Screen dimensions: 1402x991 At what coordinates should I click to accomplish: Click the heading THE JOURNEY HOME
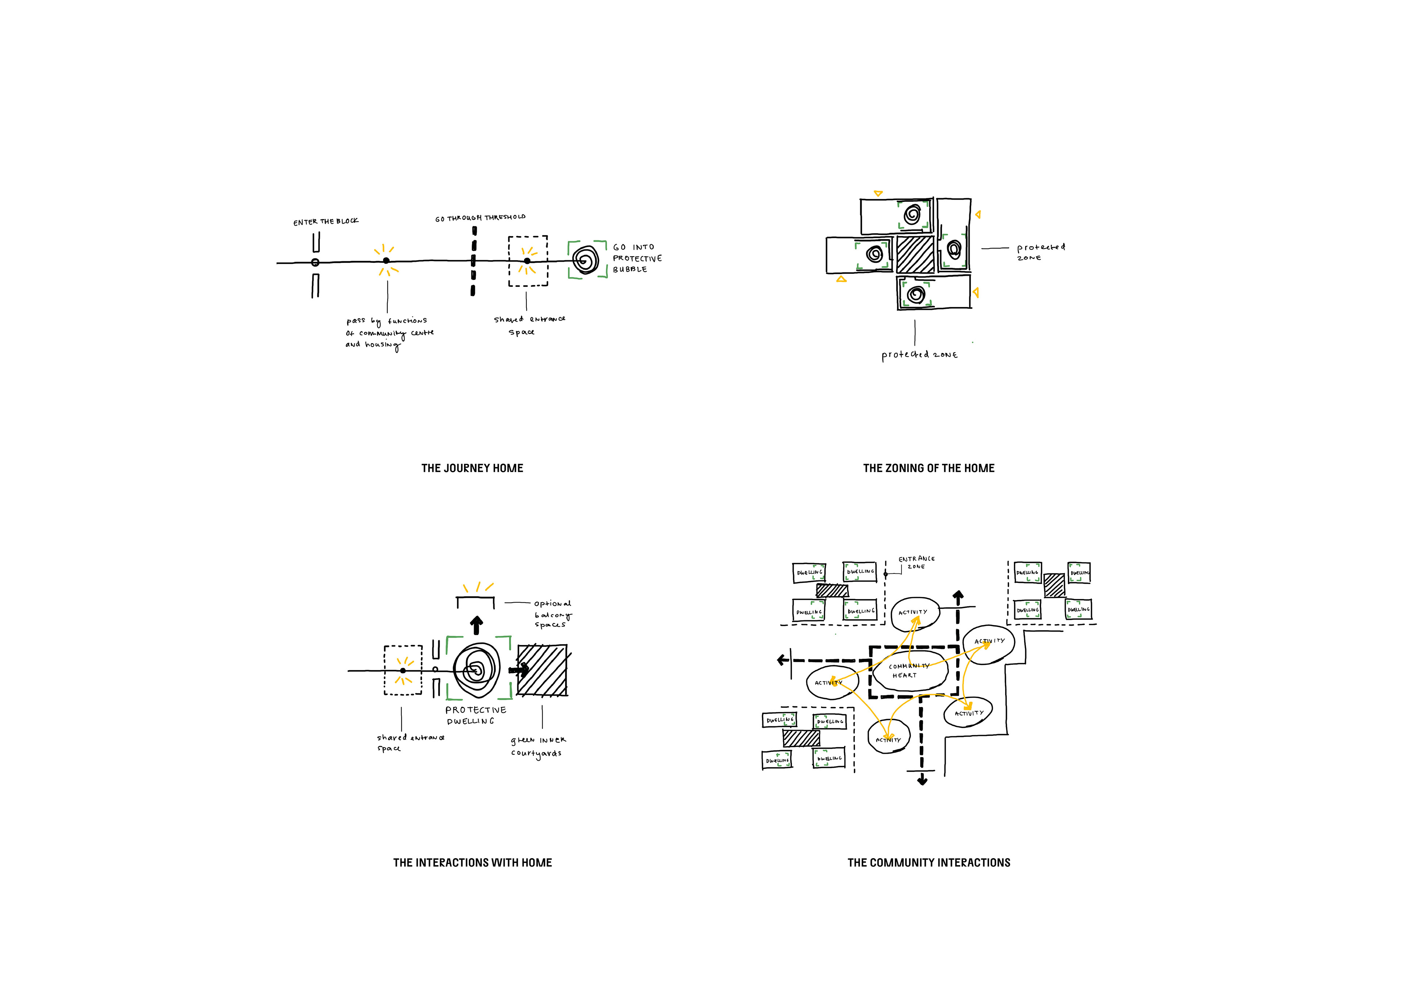click(x=472, y=468)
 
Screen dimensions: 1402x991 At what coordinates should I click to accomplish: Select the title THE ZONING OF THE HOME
click(x=928, y=468)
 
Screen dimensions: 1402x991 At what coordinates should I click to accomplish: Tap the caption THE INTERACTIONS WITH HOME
click(x=472, y=863)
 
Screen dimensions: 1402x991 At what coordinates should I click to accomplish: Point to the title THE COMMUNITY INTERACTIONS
click(x=928, y=863)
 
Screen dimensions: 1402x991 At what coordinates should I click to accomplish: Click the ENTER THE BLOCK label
click(x=325, y=221)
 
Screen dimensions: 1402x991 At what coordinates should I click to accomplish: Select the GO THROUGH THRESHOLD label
click(x=480, y=218)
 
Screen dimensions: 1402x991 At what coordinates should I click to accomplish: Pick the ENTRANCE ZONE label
click(x=916, y=562)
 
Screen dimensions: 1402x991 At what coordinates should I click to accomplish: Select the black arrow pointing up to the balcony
click(x=476, y=625)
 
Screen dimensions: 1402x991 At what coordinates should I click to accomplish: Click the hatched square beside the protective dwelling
click(x=541, y=670)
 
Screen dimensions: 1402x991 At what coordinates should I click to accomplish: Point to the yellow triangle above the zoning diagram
click(x=878, y=193)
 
